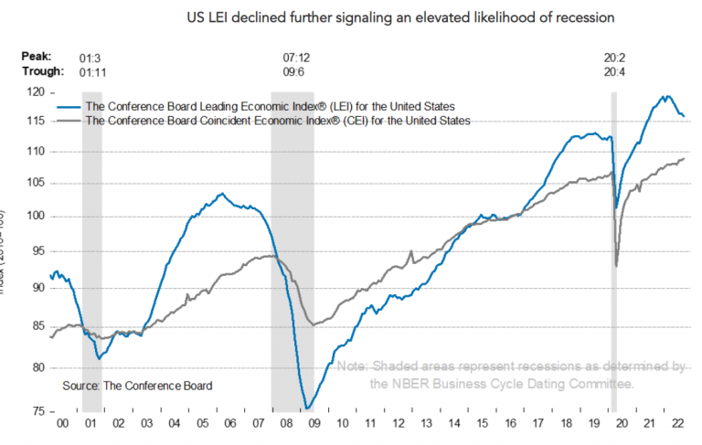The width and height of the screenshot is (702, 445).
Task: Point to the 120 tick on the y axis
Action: pyautogui.click(x=37, y=93)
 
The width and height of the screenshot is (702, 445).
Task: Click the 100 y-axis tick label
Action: pyautogui.click(x=37, y=217)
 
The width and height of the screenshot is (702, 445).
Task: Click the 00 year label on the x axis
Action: pyautogui.click(x=62, y=426)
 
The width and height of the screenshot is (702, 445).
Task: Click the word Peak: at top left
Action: pyautogui.click(x=37, y=57)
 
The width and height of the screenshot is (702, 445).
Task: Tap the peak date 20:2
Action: pyautogui.click(x=615, y=57)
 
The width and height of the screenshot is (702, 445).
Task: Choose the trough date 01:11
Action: pyautogui.click(x=91, y=70)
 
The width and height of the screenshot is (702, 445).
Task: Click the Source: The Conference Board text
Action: pyautogui.click(x=137, y=386)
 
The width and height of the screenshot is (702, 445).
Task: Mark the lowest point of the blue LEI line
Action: pyautogui.click(x=307, y=408)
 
